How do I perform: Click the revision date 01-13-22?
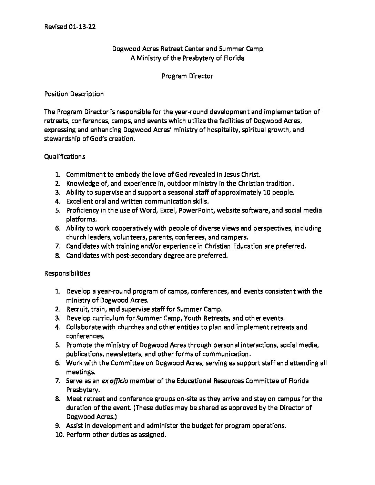[82, 27]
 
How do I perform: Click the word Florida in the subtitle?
[234, 58]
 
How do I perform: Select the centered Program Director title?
[187, 76]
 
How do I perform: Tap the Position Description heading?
[74, 94]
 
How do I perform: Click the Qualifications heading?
[65, 156]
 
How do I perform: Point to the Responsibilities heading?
[67, 273]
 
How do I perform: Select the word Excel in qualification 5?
[167, 210]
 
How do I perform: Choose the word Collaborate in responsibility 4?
[83, 327]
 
